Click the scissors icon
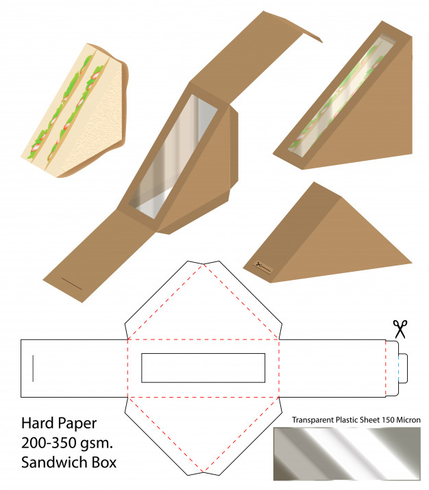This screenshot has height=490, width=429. pyautogui.click(x=400, y=329)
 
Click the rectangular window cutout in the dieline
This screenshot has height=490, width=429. pyautogui.click(x=203, y=367)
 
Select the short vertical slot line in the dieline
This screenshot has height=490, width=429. pyautogui.click(x=32, y=367)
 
